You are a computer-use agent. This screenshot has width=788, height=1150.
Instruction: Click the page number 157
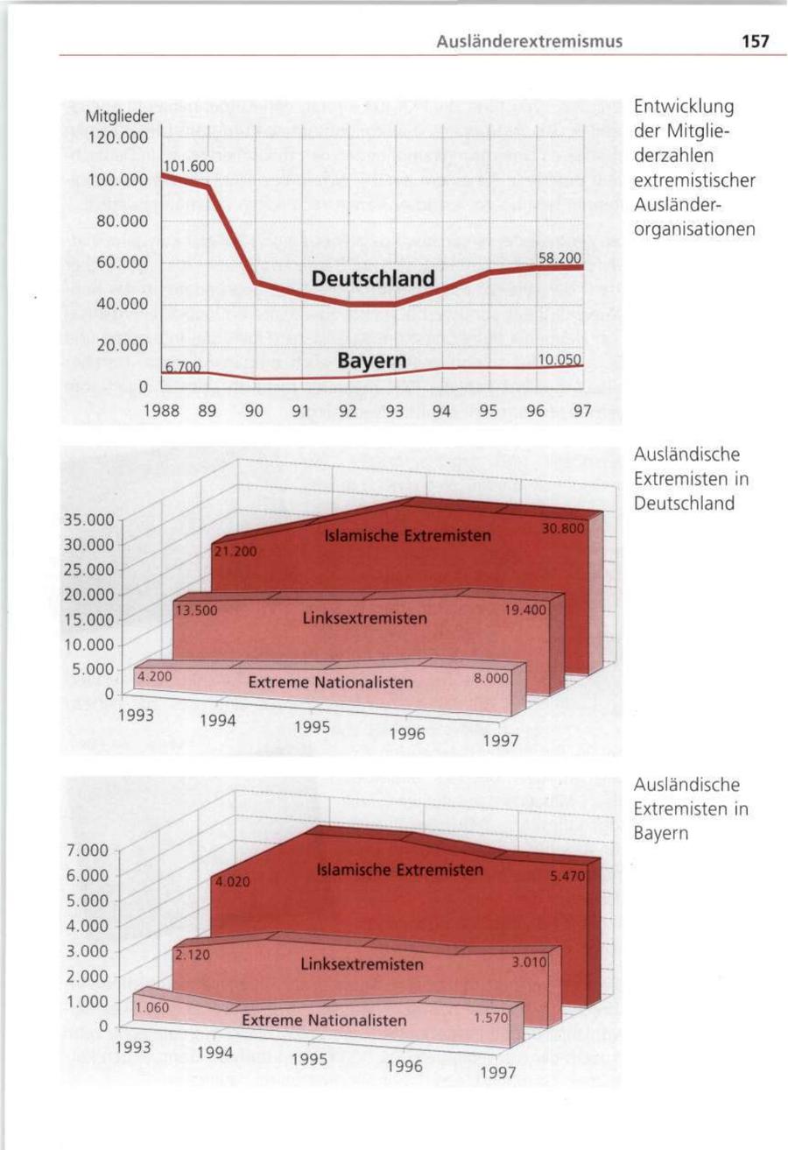point(754,40)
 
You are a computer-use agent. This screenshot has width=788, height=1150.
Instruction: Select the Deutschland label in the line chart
point(373,279)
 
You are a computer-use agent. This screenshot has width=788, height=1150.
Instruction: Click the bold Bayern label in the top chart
point(372,360)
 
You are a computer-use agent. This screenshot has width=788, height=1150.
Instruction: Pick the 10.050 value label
point(558,360)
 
